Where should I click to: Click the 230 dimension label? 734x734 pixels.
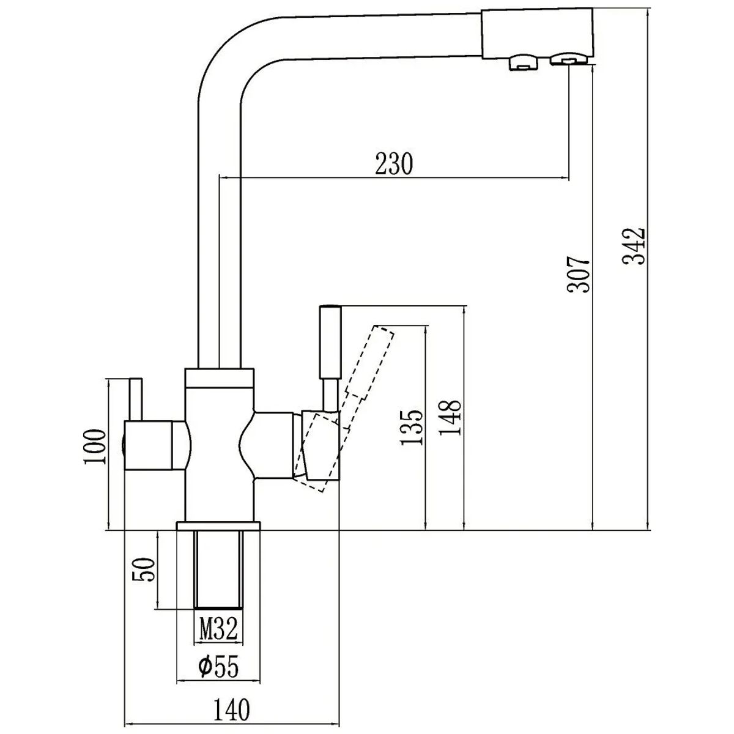(394, 164)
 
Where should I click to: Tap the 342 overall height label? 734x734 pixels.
(634, 247)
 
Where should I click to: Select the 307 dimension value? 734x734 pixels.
(578, 274)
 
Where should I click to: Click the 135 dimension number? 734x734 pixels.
(412, 427)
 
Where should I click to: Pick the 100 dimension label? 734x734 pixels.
(94, 447)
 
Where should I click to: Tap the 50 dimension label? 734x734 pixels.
(144, 569)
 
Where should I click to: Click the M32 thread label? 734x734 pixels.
(219, 629)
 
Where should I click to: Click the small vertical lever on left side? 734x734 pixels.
(136, 399)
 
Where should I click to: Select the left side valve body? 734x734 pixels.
(156, 446)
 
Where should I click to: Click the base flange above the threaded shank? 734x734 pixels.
(218, 526)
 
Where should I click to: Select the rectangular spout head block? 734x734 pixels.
(538, 34)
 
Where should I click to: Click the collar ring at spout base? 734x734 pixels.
(220, 378)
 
